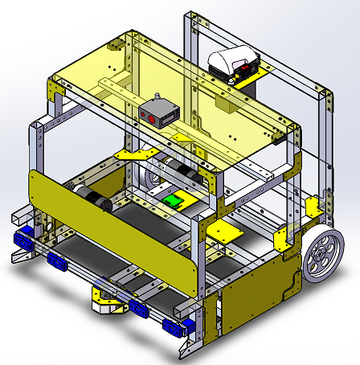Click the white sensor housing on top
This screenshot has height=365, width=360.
[x=234, y=63]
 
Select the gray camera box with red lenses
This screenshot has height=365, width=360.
[x=157, y=113]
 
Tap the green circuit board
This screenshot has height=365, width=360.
[x=174, y=202]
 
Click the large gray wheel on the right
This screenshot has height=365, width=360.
[x=324, y=254]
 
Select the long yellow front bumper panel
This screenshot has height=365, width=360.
[x=112, y=223]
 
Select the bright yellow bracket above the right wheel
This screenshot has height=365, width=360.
[x=281, y=239]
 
